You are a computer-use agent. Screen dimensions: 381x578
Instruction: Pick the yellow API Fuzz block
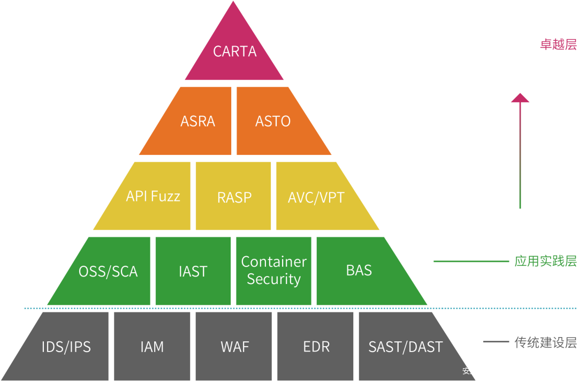point(152,196)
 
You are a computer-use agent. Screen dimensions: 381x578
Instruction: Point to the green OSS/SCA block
point(107,271)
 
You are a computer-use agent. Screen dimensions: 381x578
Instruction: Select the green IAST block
point(193,271)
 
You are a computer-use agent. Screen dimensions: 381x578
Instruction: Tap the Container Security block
point(273,271)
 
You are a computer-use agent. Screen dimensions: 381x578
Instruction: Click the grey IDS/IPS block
point(66,346)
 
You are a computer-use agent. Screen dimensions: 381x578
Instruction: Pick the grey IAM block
point(152,346)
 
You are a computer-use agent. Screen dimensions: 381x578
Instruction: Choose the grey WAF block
point(234,346)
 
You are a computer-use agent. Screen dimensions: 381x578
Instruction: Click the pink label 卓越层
point(558,44)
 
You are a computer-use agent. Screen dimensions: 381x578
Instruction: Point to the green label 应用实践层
point(545,262)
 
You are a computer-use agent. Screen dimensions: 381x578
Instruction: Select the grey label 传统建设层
point(545,342)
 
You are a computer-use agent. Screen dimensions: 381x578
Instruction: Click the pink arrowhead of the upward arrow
point(520,98)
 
